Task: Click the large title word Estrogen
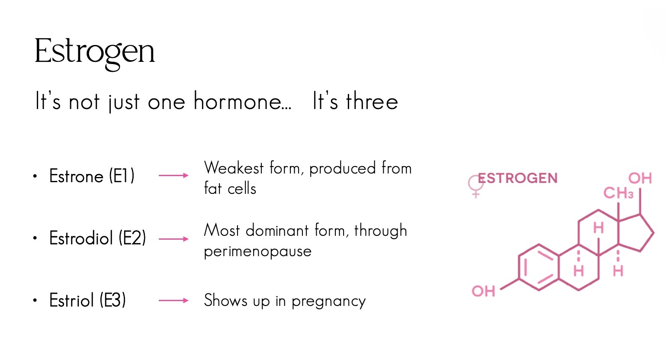coord(95,52)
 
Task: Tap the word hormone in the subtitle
coord(242,101)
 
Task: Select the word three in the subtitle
coord(372,101)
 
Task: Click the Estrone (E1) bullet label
coord(92,176)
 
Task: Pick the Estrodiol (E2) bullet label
coord(97,238)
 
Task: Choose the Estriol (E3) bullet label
coord(87,300)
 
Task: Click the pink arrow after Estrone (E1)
coord(173,175)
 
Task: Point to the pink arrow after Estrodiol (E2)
coord(173,239)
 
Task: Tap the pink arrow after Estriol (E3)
coord(173,300)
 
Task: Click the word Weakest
coord(234,168)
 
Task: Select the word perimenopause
coord(258,251)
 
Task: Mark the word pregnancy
coord(329,301)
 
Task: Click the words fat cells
coord(230,188)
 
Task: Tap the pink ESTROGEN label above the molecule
coord(518,178)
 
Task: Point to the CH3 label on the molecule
coord(618,193)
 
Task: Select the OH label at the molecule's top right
coord(640,178)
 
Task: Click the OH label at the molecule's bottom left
coord(483,291)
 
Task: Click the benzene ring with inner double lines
coord(519,267)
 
